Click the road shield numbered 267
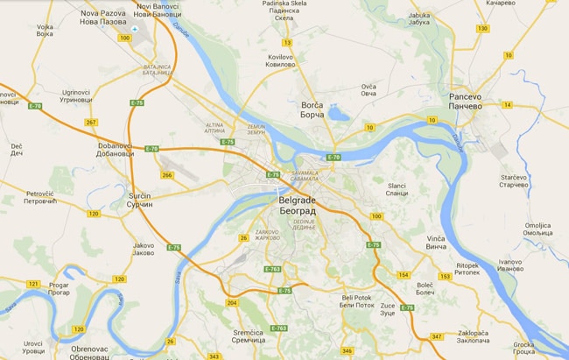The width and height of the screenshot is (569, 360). pos(91,122)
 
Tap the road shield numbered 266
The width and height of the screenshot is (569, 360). pos(167,174)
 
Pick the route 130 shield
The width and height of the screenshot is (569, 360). pos(482,29)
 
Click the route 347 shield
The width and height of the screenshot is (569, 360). pos(437,336)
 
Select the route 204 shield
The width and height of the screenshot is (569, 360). pos(232,302)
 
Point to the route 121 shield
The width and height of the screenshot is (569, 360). pos(33,285)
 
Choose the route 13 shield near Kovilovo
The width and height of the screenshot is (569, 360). pos(286,42)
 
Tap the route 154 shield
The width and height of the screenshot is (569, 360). pos(404,275)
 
